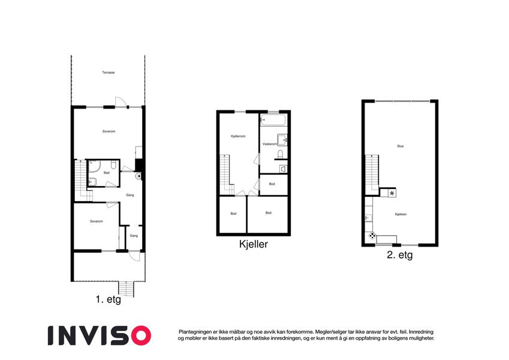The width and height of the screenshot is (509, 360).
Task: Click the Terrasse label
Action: pos(109,73)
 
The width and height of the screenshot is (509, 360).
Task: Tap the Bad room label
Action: pos(107,173)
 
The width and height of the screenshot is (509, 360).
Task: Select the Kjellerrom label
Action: pos(238,136)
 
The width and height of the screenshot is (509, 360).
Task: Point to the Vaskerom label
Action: pos(269,144)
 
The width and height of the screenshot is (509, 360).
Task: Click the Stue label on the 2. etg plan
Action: pos(400,146)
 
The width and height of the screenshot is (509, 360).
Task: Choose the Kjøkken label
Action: pos(400,214)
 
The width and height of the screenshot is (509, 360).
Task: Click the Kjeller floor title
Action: pos(254,244)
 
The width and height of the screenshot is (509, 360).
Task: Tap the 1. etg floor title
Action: pos(109,299)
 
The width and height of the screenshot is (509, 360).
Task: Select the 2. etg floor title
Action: pos(400,255)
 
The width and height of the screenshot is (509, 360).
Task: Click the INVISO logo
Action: pos(100,335)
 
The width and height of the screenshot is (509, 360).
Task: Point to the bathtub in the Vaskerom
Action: pos(273,120)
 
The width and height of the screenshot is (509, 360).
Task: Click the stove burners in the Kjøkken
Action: pos(372,236)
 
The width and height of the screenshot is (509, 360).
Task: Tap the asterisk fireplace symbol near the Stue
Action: pos(392,193)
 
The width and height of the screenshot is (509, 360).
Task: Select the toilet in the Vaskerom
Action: pos(281,154)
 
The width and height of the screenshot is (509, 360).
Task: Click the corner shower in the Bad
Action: pos(94,166)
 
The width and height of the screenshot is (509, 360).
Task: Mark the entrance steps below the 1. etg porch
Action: pos(126,289)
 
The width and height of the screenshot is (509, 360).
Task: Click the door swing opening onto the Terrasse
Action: pos(120,101)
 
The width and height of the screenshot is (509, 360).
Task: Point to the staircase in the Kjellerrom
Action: pos(226,175)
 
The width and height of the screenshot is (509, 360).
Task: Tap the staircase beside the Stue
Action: pos(372,175)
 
